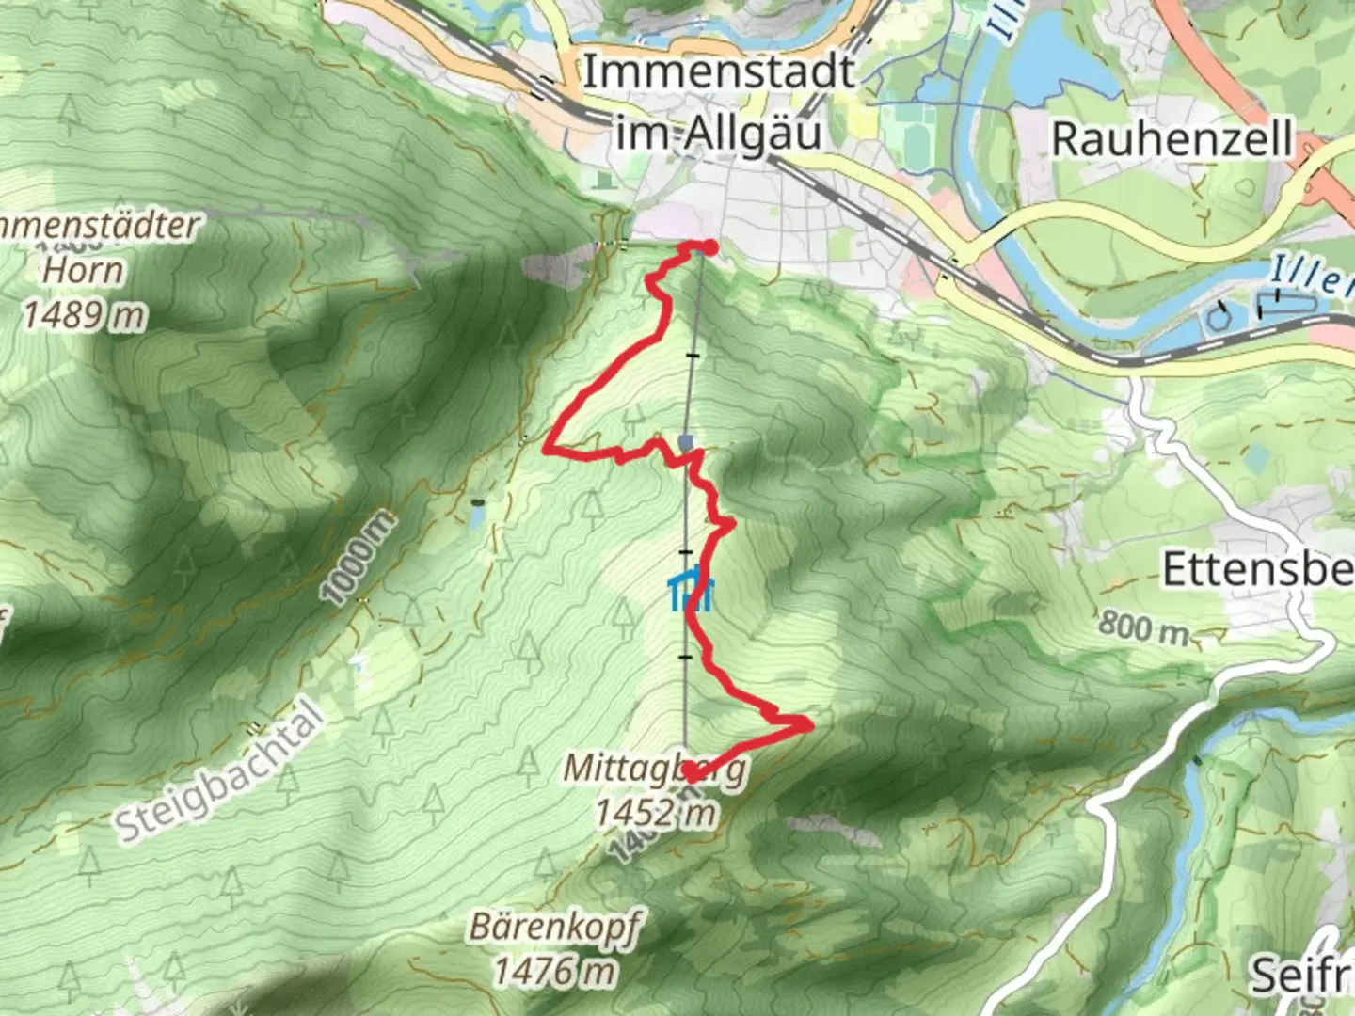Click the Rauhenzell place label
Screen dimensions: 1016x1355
(1172, 139)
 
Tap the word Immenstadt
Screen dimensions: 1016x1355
(719, 72)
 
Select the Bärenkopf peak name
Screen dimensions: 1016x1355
(554, 928)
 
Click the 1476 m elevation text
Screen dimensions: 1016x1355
(555, 969)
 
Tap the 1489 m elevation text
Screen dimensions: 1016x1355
(85, 315)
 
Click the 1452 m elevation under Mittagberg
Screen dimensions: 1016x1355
(655, 813)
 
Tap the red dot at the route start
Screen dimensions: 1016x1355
(709, 247)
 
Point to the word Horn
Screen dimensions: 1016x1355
(84, 271)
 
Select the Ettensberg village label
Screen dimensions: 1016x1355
(1258, 570)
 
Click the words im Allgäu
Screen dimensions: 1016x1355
(719, 133)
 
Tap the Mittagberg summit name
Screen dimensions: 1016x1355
(654, 768)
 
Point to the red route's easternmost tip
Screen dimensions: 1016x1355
(808, 724)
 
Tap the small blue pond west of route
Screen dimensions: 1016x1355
(477, 516)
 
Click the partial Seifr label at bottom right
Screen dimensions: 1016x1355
(1301, 976)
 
